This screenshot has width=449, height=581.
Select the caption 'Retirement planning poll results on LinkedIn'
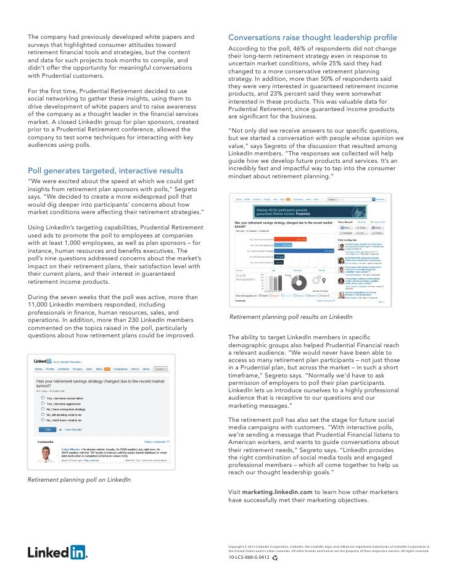click(x=290, y=317)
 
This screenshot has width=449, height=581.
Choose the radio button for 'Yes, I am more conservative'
click(x=42, y=398)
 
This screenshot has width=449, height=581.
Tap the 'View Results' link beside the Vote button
click(x=73, y=429)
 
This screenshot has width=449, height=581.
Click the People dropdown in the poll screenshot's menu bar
click(x=160, y=369)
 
